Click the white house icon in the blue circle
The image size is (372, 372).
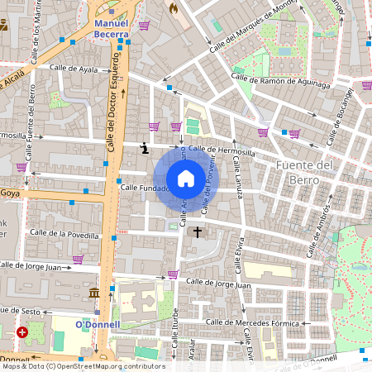click(186, 178)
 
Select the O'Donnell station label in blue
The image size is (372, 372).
click(98, 324)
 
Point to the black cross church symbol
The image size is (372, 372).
click(197, 231)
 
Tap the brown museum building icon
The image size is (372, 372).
click(94, 293)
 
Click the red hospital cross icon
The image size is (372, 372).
click(21, 332)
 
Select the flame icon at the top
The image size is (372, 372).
click(173, 7)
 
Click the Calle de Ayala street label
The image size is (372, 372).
click(74, 69)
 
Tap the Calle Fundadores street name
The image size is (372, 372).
click(145, 188)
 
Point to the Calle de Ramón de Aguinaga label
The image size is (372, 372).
click(280, 80)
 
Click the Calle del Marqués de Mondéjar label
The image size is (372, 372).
click(252, 26)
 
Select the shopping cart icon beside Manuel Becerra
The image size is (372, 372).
click(144, 26)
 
